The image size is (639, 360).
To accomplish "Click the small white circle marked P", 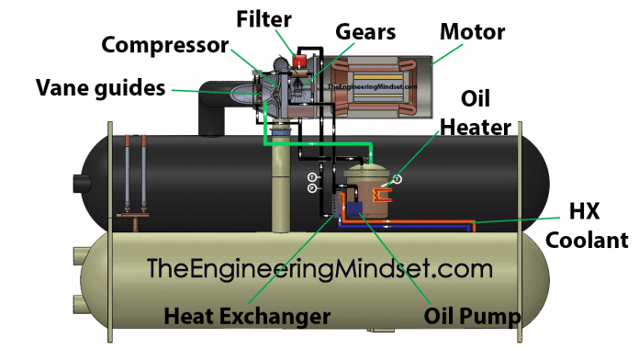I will point(312,187).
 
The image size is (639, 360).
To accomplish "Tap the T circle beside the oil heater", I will point(397,178).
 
